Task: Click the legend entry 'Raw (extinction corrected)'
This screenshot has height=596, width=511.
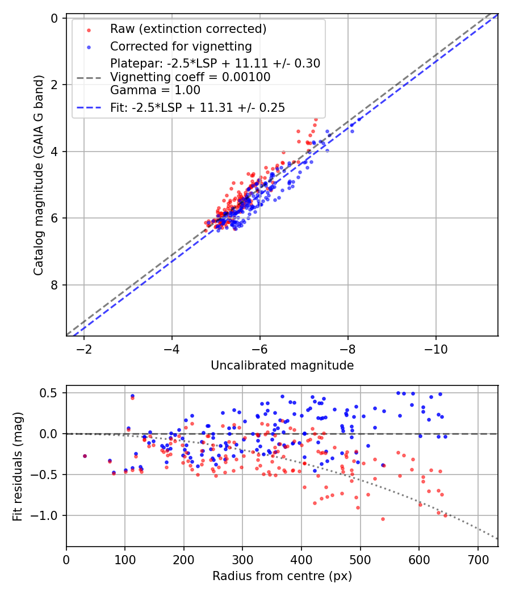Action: coord(188,29)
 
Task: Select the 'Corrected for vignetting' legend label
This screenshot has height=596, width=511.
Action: coord(181,46)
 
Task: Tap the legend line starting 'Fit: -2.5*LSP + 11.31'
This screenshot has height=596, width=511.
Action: coord(198,107)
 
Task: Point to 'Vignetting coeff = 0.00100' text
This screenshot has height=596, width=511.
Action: coord(190,77)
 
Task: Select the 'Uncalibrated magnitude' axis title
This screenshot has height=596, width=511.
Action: coord(282,366)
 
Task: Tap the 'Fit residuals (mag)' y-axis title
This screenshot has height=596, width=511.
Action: coord(18,467)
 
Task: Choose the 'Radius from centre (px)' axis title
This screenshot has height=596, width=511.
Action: coord(282,576)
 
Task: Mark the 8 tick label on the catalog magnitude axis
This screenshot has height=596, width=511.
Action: coord(55,285)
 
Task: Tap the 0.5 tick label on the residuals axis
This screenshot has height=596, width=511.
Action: coord(52,393)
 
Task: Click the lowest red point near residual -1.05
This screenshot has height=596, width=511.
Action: coord(383,519)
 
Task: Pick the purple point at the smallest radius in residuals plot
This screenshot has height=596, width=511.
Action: coord(85,456)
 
